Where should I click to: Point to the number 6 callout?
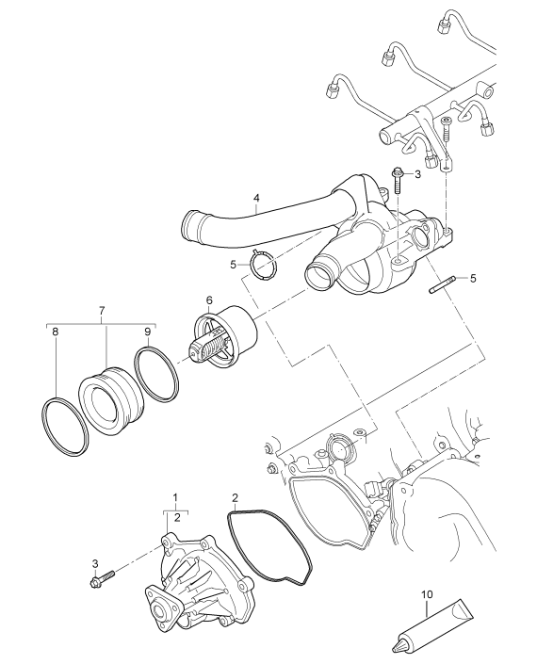pos(208,300)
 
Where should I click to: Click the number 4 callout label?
pos(254,200)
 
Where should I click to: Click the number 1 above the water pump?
pos(174,496)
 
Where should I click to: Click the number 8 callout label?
pos(55,332)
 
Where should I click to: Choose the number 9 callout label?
pos(147,332)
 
